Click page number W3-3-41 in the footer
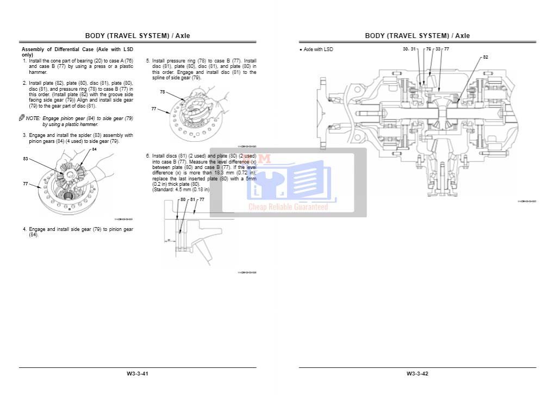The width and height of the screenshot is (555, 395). [x=138, y=373]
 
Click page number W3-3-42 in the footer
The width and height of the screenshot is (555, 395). [x=417, y=373]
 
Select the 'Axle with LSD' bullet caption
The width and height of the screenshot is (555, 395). [x=318, y=49]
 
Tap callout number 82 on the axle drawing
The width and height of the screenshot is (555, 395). [x=485, y=57]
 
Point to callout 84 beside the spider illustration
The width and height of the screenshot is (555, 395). [x=94, y=149]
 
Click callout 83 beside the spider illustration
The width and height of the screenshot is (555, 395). [x=26, y=159]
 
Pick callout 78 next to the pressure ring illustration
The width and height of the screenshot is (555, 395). [x=163, y=92]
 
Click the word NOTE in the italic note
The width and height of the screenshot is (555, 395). [x=33, y=118]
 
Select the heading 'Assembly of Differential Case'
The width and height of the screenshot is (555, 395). [x=54, y=49]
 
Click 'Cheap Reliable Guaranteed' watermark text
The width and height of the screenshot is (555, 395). [x=288, y=207]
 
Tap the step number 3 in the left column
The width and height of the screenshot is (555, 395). [x=24, y=135]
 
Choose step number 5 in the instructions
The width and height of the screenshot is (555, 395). [x=147, y=61]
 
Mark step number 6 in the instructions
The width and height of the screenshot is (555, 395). [x=147, y=156]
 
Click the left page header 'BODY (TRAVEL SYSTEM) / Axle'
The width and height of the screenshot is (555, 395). [x=138, y=36]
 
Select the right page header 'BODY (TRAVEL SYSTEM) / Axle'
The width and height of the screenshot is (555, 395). [x=417, y=36]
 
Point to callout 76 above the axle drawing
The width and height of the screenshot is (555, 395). [x=428, y=49]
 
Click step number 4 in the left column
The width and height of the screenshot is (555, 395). [x=24, y=229]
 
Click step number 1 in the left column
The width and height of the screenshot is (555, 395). [x=24, y=60]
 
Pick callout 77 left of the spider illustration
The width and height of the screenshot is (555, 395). [x=26, y=184]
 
